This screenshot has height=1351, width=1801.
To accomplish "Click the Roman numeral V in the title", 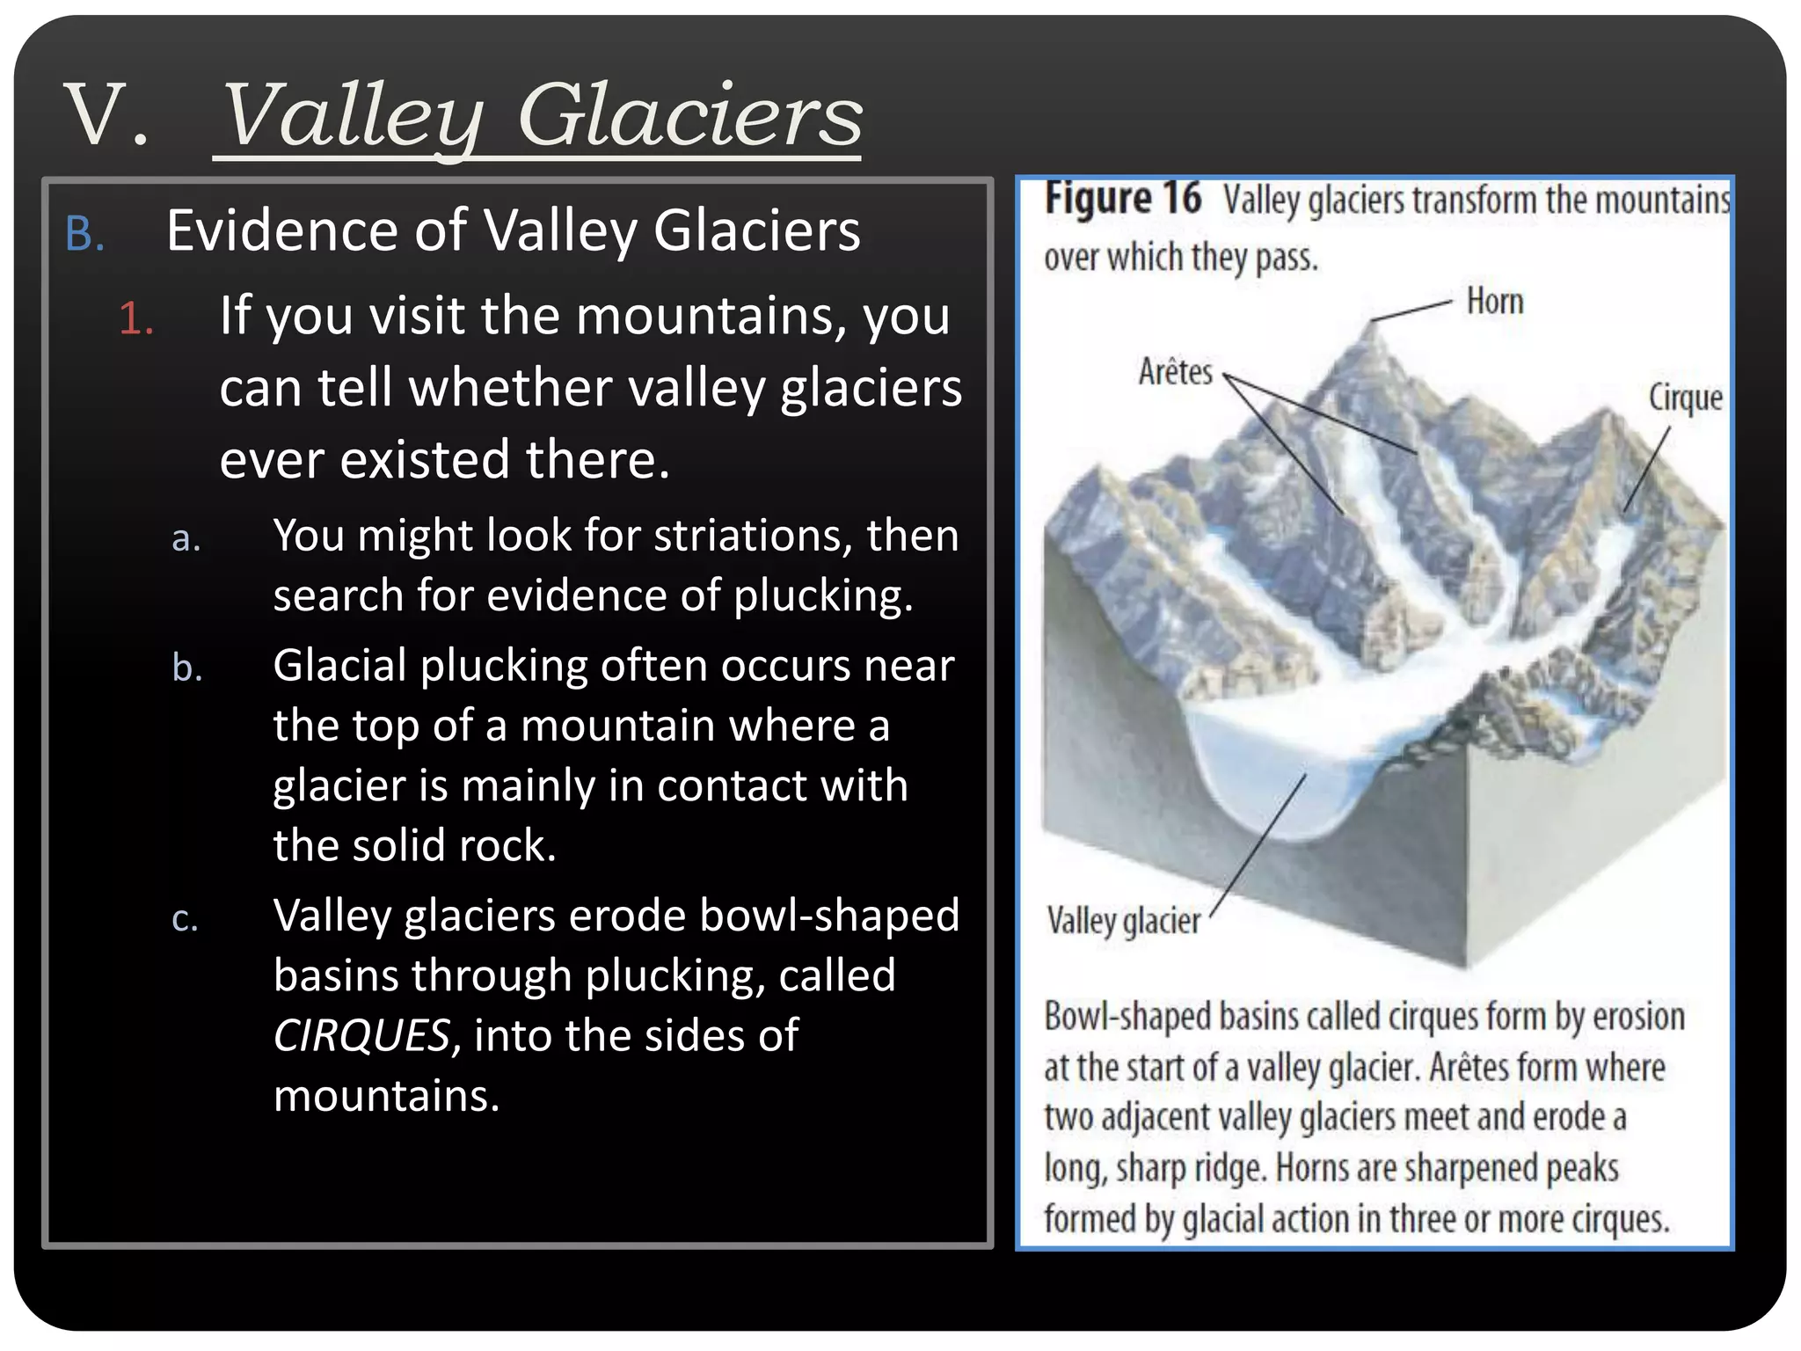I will (x=97, y=114).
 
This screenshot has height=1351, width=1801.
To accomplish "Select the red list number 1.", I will (x=135, y=318).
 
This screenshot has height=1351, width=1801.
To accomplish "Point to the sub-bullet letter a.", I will (x=186, y=539).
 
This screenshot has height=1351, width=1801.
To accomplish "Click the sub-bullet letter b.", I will (x=186, y=668).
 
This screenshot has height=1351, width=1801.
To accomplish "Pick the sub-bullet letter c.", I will (x=185, y=919).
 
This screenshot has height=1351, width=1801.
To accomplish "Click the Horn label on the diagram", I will (x=1494, y=302).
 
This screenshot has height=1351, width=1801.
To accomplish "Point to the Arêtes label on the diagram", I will (x=1175, y=372).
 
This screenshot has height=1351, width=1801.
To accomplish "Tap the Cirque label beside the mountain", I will (x=1684, y=398).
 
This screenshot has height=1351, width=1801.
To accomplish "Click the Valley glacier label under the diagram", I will (x=1123, y=922).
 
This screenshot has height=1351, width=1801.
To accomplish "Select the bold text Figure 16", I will (x=1122, y=199).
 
